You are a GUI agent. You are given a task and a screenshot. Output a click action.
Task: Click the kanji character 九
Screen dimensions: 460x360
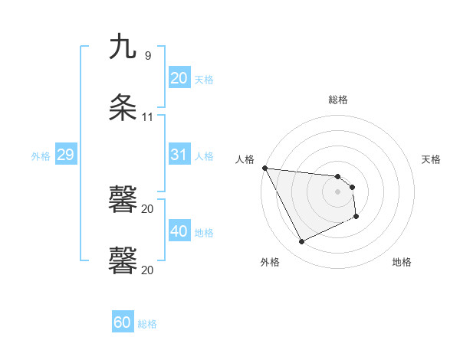click(x=123, y=47)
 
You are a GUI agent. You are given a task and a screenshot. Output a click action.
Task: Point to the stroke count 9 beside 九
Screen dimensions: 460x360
click(x=148, y=56)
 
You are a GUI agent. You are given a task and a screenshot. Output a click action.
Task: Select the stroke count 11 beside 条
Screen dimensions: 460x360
click(x=148, y=117)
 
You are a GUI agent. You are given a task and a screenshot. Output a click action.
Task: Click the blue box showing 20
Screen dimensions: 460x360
click(x=179, y=77)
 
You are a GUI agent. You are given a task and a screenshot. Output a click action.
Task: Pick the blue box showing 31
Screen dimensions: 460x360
click(x=179, y=155)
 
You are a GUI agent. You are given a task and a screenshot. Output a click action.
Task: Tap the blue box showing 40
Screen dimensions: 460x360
click(x=179, y=231)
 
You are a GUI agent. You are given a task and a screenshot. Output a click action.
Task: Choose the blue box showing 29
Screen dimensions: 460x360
click(x=65, y=155)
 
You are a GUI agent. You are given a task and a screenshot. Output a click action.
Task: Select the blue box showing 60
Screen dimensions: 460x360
click(x=123, y=322)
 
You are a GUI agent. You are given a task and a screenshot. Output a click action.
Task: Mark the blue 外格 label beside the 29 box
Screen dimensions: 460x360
click(x=41, y=155)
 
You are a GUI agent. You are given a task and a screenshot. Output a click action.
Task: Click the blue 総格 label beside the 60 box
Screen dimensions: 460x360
click(x=147, y=323)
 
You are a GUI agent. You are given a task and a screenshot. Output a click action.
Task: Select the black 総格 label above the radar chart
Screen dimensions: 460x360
click(x=338, y=100)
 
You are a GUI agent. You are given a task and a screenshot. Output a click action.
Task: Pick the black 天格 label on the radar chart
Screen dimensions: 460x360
click(x=431, y=159)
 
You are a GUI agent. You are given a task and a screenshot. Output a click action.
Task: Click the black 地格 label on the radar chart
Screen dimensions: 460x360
click(x=402, y=262)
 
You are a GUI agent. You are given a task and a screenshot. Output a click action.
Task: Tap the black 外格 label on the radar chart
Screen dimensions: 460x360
click(x=270, y=262)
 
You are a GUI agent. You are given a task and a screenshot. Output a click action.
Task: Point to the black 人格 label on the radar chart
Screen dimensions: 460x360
click(x=245, y=159)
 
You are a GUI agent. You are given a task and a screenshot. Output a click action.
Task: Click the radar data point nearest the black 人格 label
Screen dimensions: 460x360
click(x=264, y=168)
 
